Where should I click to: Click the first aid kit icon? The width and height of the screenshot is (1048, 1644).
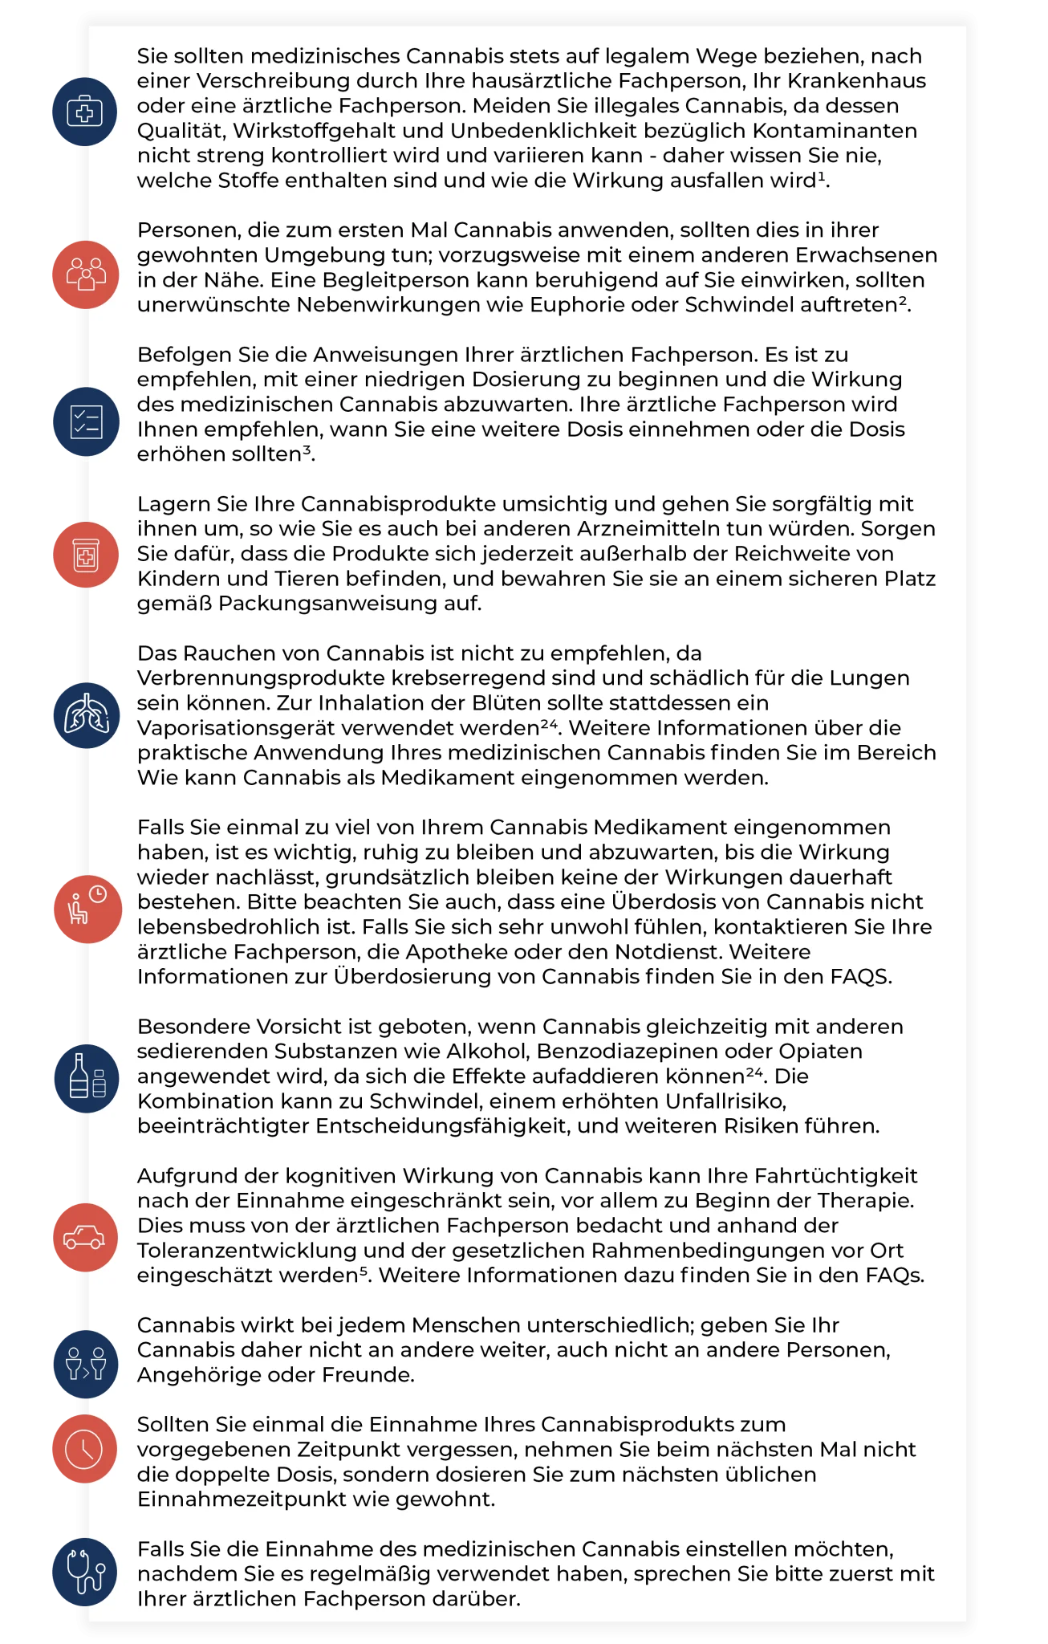pyautogui.click(x=84, y=112)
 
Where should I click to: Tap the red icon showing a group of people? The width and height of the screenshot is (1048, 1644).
pyautogui.click(x=85, y=275)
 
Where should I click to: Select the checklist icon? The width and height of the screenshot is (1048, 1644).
pyautogui.click(x=85, y=422)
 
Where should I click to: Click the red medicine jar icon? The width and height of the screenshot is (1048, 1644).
pyautogui.click(x=85, y=555)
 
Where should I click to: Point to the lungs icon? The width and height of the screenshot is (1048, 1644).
pyautogui.click(x=85, y=715)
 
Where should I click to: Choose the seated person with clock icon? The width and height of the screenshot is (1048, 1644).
pyautogui.click(x=86, y=909)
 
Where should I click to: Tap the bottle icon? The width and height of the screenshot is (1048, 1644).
pyautogui.click(x=85, y=1078)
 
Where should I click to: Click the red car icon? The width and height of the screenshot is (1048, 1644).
pyautogui.click(x=85, y=1237)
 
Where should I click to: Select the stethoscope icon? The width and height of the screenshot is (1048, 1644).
pyautogui.click(x=85, y=1572)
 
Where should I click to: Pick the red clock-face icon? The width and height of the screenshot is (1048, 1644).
pyautogui.click(x=85, y=1450)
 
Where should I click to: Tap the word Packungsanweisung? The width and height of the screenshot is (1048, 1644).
pyautogui.click(x=328, y=604)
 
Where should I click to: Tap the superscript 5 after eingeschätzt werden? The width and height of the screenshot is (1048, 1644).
pyautogui.click(x=362, y=1271)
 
